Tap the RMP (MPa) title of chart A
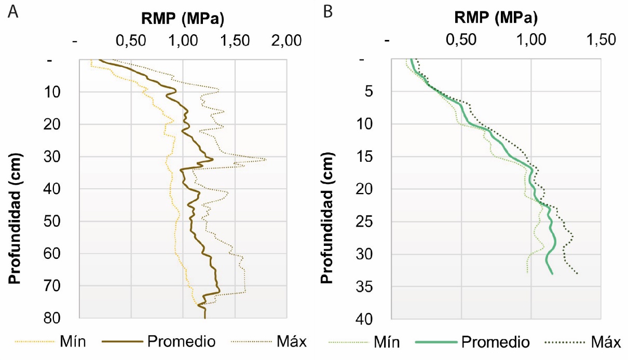point(183,19)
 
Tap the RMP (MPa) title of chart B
point(496,19)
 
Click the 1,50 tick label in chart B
point(600,40)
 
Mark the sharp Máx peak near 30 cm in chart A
point(266,159)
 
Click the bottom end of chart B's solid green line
point(552,273)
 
